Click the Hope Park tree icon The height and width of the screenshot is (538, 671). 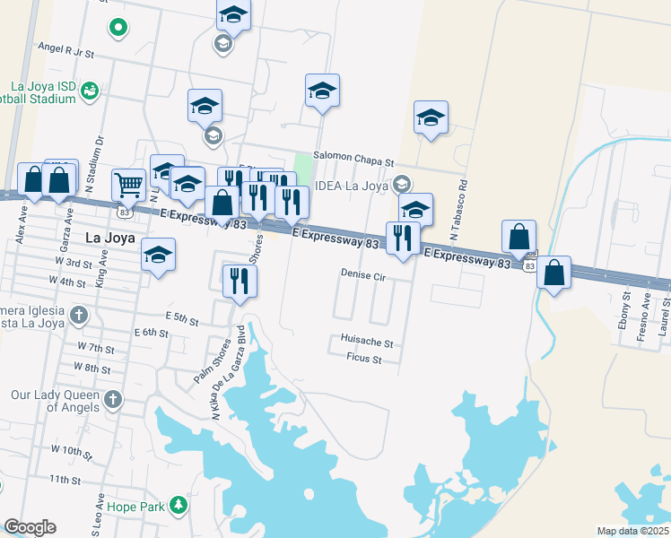[179, 506]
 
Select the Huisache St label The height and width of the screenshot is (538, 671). [367, 343]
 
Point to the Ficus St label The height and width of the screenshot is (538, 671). [364, 359]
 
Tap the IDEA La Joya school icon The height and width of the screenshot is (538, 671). [402, 184]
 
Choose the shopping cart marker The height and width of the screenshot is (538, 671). [129, 185]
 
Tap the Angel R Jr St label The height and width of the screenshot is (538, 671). [66, 53]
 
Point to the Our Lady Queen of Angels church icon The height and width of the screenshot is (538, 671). [112, 398]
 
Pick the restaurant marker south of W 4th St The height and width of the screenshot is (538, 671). [240, 281]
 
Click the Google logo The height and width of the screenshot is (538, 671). [30, 527]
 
